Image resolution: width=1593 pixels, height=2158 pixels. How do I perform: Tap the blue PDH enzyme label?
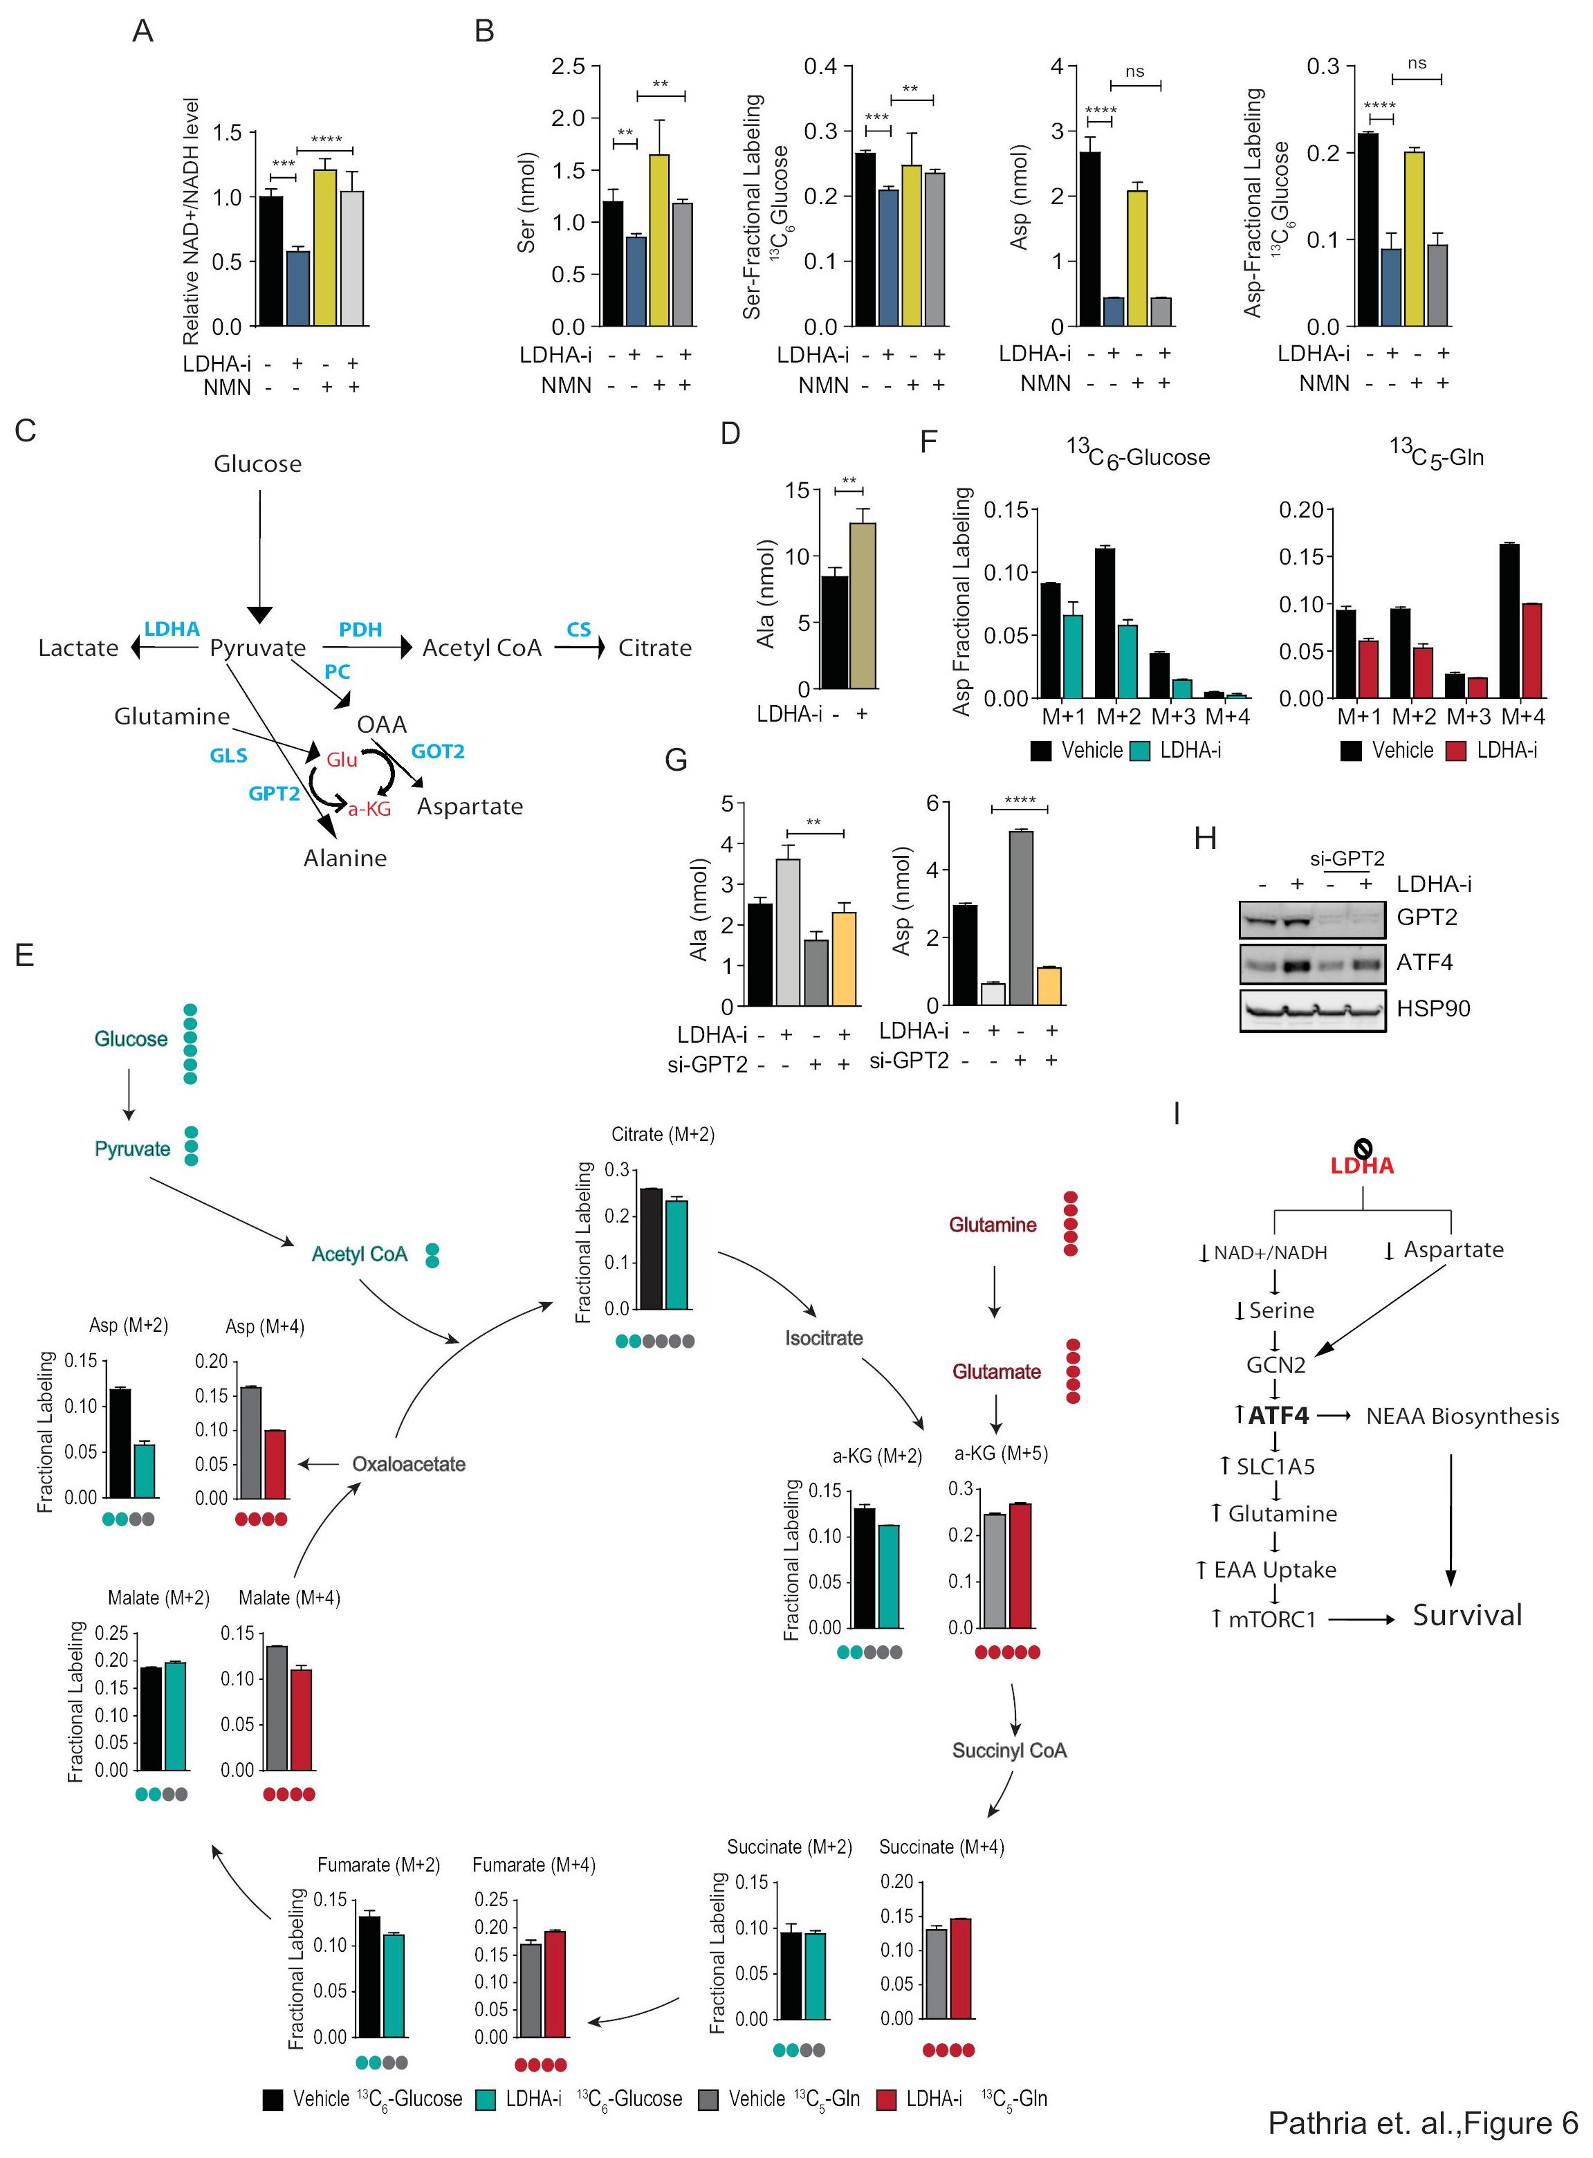(360, 630)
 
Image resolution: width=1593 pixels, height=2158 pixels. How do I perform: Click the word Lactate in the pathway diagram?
(78, 648)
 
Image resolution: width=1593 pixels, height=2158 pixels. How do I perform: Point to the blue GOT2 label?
(438, 751)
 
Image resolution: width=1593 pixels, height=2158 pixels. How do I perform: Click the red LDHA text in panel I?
(1361, 1166)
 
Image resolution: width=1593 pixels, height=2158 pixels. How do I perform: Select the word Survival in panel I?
(1466, 1615)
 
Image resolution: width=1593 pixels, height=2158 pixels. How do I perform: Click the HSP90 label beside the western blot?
(1433, 1009)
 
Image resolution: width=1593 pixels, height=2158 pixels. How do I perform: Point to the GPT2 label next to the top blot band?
(1426, 917)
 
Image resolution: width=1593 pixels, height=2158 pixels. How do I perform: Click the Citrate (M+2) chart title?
(663, 1134)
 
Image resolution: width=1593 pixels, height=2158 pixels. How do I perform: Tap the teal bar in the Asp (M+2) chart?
(145, 1470)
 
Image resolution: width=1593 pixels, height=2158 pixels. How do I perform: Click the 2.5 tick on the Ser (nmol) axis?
(568, 66)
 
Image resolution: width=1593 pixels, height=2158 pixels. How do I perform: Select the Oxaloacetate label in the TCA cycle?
(408, 1464)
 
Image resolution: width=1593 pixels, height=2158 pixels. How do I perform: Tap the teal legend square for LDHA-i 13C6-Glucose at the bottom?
(485, 2099)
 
